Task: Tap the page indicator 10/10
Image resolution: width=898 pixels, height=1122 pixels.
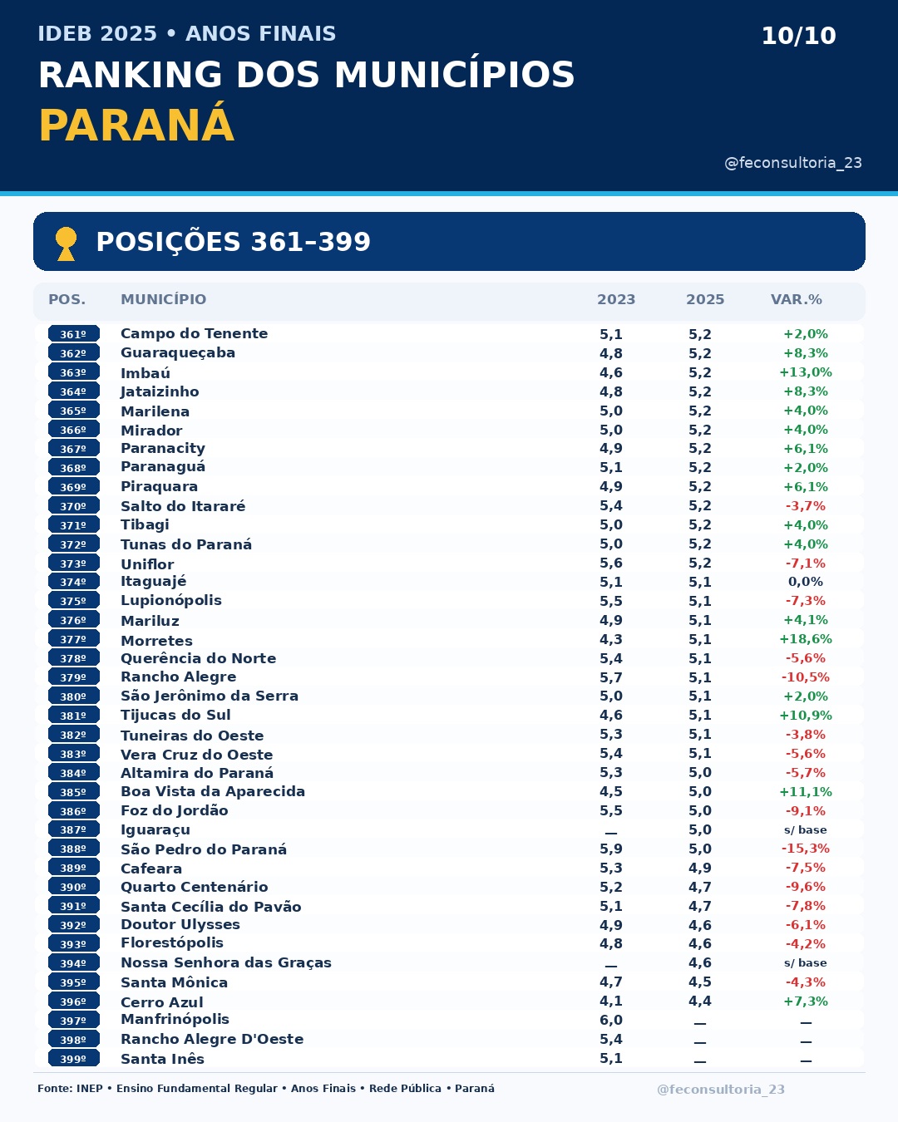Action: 798,36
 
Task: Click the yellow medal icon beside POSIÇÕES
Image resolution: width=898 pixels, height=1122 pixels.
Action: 67,243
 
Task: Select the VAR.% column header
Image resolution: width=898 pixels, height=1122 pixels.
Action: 797,299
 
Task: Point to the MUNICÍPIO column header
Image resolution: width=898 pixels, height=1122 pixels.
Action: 163,299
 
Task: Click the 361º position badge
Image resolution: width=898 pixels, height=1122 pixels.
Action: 73,333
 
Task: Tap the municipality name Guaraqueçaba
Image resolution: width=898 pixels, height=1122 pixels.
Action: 178,353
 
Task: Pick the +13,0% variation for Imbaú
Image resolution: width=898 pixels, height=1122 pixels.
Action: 805,372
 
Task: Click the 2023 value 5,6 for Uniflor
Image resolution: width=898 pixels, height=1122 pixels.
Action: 611,563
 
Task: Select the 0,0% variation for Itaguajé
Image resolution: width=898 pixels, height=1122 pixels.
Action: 805,582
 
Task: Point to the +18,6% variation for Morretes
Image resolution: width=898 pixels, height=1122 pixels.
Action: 805,639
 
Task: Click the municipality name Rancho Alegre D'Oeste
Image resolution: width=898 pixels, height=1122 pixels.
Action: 212,1039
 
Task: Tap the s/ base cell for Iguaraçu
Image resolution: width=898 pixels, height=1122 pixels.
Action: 805,830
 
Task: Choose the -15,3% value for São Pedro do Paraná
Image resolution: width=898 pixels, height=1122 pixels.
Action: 805,849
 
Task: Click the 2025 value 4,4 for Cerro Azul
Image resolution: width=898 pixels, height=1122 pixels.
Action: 700,1001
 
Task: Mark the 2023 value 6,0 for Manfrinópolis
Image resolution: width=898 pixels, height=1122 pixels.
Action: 611,1021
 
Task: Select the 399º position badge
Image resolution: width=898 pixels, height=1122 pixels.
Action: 73,1059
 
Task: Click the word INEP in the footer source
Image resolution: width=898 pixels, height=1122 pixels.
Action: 89,1089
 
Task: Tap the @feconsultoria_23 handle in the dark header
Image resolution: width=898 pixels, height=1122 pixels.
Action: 793,163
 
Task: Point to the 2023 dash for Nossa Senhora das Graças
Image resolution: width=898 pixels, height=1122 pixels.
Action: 611,966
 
